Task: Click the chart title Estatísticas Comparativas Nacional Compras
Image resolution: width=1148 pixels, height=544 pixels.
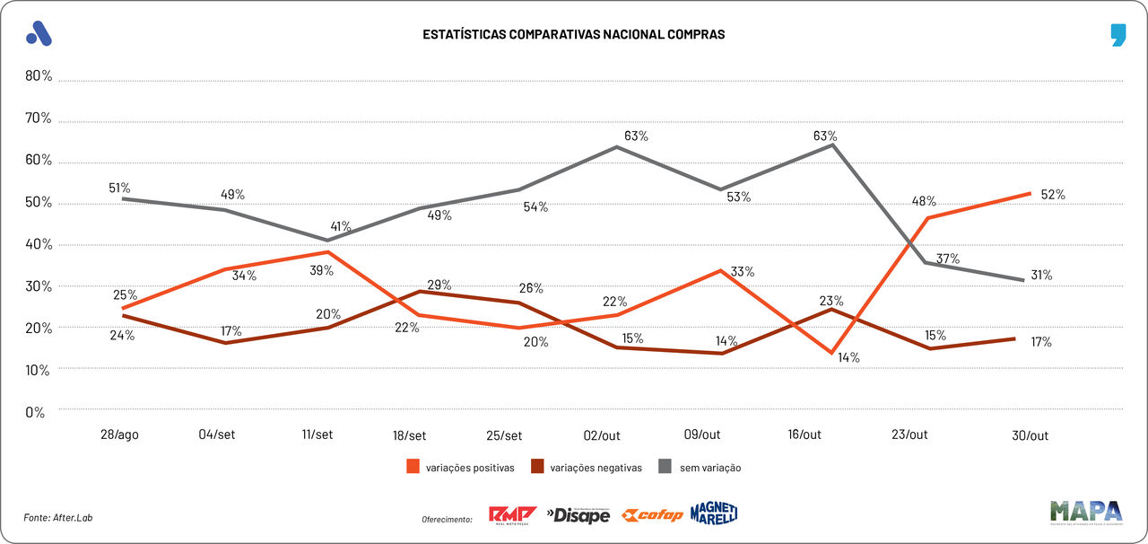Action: click(573, 34)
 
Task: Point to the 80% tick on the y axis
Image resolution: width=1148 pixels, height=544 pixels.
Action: click(39, 76)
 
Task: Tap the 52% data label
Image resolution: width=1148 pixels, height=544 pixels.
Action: click(1052, 194)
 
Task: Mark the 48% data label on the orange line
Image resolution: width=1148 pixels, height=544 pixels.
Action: click(925, 201)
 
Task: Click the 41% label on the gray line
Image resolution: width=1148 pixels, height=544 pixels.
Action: click(340, 226)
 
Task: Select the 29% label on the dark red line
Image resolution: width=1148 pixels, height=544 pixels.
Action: click(439, 285)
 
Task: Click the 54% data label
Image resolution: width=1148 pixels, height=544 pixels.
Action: click(536, 207)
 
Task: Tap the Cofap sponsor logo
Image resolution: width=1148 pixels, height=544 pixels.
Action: click(653, 515)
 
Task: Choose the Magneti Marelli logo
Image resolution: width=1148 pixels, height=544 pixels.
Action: click(714, 513)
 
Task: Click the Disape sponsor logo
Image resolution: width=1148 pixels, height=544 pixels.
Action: click(578, 515)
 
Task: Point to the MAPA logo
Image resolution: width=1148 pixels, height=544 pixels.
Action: click(1086, 512)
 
